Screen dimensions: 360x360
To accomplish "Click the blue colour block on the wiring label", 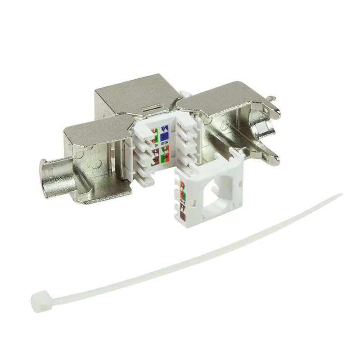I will [164, 132].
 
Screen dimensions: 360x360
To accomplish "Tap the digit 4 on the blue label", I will [164, 136].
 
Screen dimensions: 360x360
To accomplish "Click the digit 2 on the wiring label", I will [156, 139].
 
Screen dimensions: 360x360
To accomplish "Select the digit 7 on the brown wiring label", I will [156, 152].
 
